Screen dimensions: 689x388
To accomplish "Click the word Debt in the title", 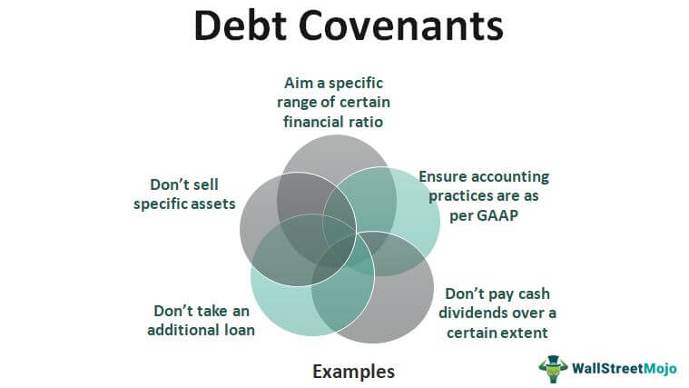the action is click(241, 25).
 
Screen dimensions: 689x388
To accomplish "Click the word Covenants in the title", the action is click(400, 26).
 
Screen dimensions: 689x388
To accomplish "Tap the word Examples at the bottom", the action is click(354, 372).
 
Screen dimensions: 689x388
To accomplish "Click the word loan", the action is click(240, 330).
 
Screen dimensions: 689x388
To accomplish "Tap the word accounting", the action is click(510, 177).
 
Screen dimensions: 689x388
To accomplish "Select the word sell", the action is click(205, 184).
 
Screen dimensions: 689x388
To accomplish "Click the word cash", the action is click(534, 293).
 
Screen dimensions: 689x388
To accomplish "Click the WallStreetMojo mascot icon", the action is click(553, 369).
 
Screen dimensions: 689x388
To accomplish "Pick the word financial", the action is click(313, 122).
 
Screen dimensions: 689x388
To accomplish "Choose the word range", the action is click(297, 103).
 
